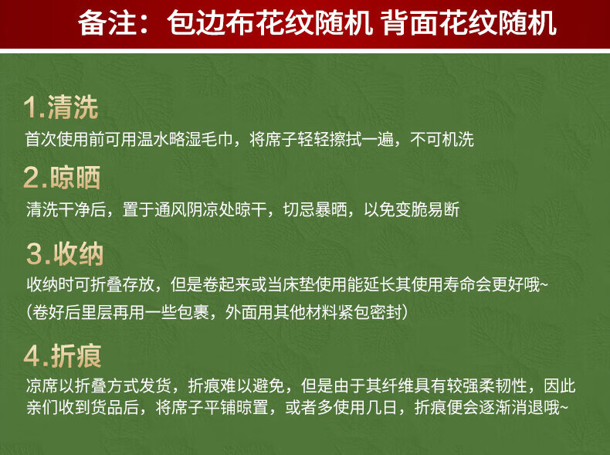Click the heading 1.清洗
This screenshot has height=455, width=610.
(61, 107)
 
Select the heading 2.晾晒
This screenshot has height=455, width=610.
(62, 178)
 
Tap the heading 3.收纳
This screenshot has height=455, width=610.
(65, 254)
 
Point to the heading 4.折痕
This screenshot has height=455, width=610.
(63, 356)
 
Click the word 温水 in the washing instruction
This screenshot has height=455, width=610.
(153, 139)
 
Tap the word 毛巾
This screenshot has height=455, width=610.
(217, 139)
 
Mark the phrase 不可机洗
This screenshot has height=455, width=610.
(442, 139)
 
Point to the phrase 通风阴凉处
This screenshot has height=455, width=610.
(195, 209)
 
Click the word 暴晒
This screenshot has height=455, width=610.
(330, 209)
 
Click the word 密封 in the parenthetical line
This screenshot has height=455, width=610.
(385, 312)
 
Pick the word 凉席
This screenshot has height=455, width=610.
(42, 385)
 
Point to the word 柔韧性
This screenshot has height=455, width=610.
(503, 385)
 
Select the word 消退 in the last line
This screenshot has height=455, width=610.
(527, 408)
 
